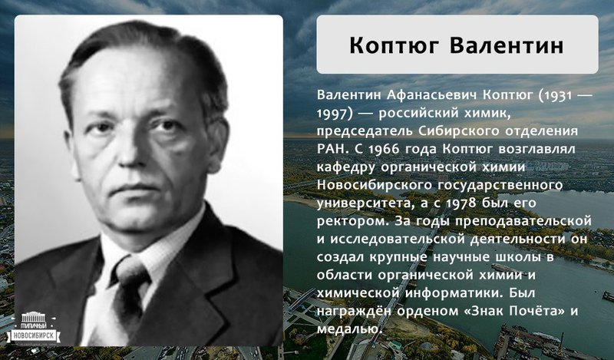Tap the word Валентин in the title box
tap(507, 45)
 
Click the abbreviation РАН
tap(332, 149)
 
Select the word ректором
tap(353, 221)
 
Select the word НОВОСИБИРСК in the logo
tap(34, 335)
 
